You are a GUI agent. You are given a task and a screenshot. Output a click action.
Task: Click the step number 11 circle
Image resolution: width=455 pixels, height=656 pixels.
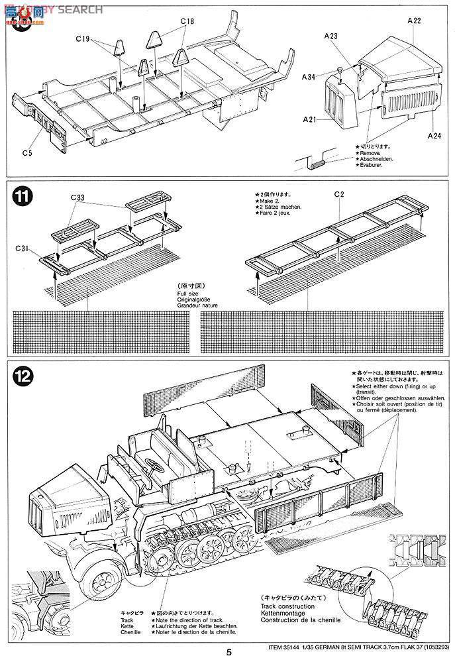pyautogui.click(x=22, y=197)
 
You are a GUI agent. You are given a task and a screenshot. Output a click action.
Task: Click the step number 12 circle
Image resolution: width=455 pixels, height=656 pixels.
pyautogui.click(x=22, y=376)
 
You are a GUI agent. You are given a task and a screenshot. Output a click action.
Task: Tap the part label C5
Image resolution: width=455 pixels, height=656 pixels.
pyautogui.click(x=26, y=153)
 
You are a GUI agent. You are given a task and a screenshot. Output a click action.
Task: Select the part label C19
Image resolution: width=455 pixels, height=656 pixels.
pyautogui.click(x=81, y=38)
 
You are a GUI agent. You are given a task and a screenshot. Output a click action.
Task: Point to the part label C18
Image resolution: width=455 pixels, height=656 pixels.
pyautogui.click(x=187, y=21)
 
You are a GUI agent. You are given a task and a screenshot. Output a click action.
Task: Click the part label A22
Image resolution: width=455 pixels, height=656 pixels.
pyautogui.click(x=414, y=21)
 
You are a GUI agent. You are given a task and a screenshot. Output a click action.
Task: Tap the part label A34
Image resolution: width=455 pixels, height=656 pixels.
pyautogui.click(x=309, y=77)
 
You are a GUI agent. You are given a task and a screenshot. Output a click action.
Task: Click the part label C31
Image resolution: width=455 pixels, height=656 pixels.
pyautogui.click(x=23, y=247)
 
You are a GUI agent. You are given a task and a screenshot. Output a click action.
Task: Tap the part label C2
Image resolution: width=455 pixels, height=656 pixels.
pyautogui.click(x=338, y=194)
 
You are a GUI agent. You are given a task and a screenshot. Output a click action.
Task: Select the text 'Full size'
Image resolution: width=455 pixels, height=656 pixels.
pyautogui.click(x=187, y=293)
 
